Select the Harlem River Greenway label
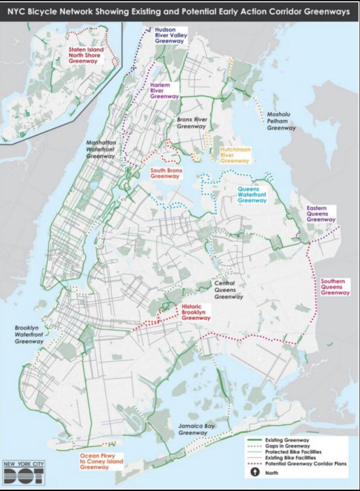pos(164,91)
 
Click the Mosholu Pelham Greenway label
pos(281,121)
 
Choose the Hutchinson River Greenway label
pos(235,155)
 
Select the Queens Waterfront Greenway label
pos(252,195)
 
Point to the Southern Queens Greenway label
pos(335,287)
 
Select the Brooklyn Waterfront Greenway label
pos(28,334)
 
